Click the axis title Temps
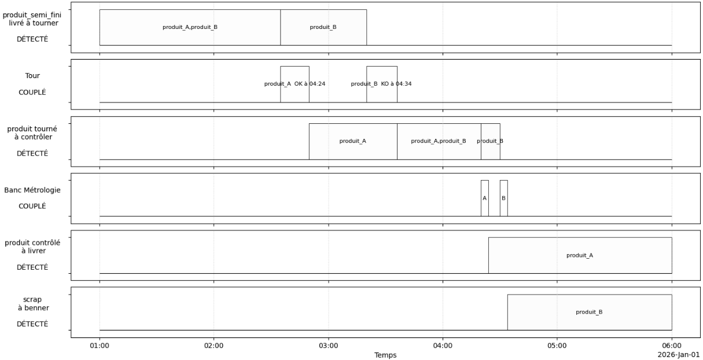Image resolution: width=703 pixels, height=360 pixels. (x=385, y=355)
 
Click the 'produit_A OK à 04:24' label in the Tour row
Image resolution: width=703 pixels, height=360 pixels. (x=295, y=84)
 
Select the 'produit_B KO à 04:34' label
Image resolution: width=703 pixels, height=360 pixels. (x=381, y=84)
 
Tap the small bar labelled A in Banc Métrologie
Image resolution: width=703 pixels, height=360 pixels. (x=484, y=198)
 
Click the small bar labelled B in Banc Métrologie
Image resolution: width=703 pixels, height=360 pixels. (x=503, y=198)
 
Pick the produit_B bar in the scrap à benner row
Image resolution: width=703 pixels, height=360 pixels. (x=589, y=312)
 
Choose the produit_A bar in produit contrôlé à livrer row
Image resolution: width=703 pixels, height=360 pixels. (x=580, y=255)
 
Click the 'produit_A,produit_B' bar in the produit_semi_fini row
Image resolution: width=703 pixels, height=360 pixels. (x=190, y=27)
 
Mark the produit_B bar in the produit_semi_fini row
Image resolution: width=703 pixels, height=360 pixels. (x=323, y=27)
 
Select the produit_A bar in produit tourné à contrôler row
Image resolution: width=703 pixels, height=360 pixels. (x=353, y=141)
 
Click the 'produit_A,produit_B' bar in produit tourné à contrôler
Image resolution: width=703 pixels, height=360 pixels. (x=439, y=141)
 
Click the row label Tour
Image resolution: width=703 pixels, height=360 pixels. (x=32, y=75)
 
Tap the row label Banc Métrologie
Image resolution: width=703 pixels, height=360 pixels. (x=32, y=190)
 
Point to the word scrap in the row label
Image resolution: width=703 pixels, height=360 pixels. (x=32, y=299)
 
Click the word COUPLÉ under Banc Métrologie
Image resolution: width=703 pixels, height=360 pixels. (x=32, y=206)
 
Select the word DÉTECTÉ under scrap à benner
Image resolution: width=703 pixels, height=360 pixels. (x=32, y=324)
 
